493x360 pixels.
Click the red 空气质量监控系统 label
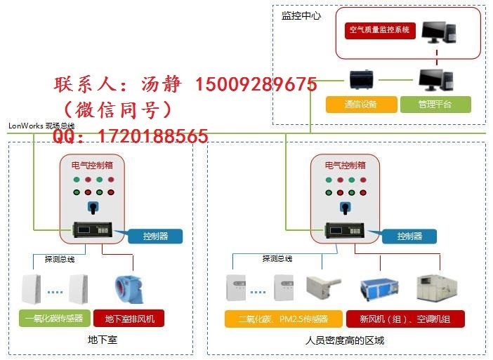[379, 31]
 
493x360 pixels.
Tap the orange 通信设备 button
[360, 105]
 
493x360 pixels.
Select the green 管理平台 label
[435, 105]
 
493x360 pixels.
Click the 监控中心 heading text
[301, 15]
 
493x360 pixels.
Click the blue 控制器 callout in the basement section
[155, 236]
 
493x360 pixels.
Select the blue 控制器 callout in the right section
[409, 236]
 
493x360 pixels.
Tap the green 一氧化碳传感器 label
[53, 319]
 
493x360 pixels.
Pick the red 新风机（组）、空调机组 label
[405, 319]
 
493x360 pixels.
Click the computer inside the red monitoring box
[440, 31]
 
